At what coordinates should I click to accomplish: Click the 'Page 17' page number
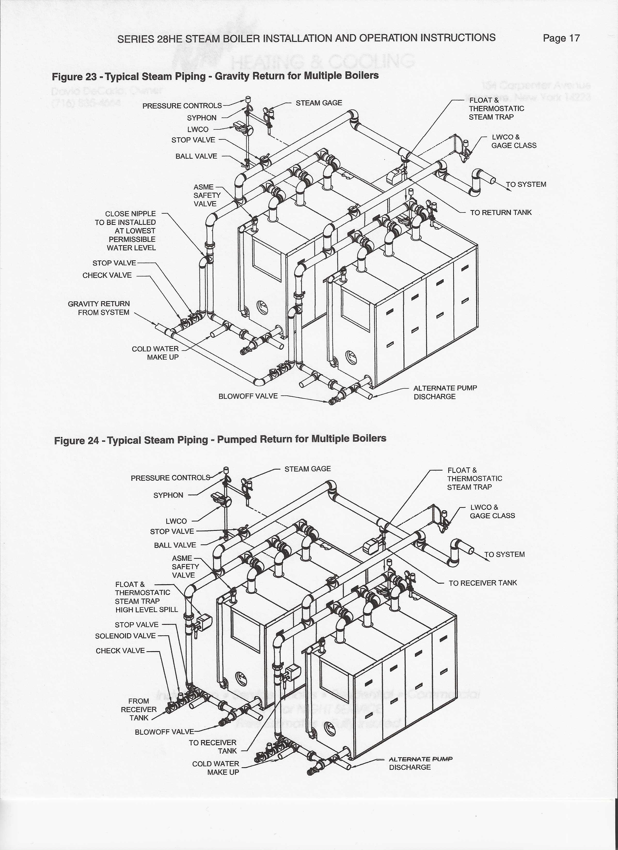(561, 38)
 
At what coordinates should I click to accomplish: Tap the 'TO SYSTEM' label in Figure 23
(526, 184)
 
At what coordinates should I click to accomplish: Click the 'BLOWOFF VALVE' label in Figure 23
(248, 396)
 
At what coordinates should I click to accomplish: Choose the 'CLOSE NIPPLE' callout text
(130, 214)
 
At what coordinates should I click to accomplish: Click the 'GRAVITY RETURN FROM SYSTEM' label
(99, 308)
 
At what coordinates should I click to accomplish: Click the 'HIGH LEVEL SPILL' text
(147, 610)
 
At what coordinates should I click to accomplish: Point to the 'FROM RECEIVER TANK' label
(139, 709)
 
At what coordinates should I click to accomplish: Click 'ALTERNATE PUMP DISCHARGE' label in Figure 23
(445, 392)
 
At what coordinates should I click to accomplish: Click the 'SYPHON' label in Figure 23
(202, 118)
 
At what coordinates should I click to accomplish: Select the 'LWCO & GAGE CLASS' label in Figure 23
(514, 141)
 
